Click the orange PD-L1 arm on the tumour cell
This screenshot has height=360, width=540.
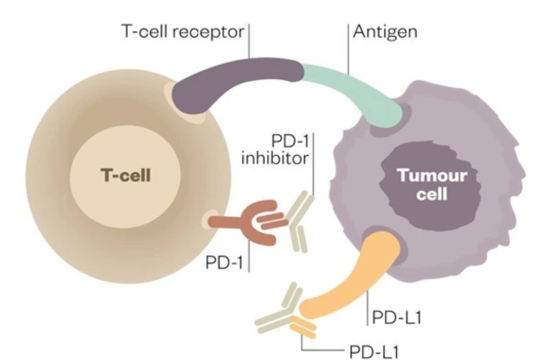point(355,274)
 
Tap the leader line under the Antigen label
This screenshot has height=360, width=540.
point(347,49)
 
